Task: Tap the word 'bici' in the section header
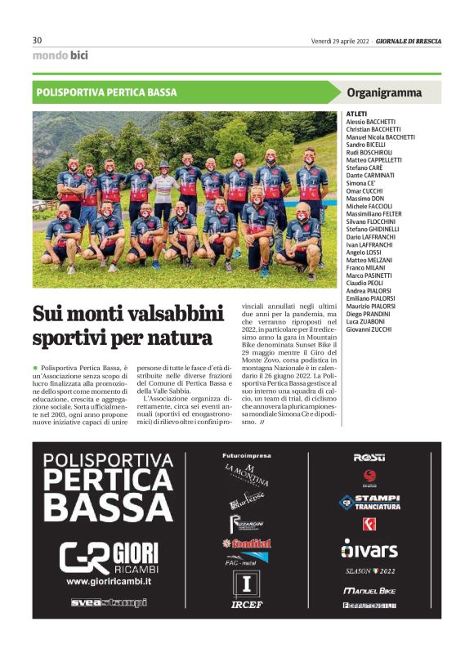pyautogui.click(x=79, y=56)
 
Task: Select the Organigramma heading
pyautogui.click(x=384, y=92)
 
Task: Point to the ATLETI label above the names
pyautogui.click(x=357, y=114)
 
